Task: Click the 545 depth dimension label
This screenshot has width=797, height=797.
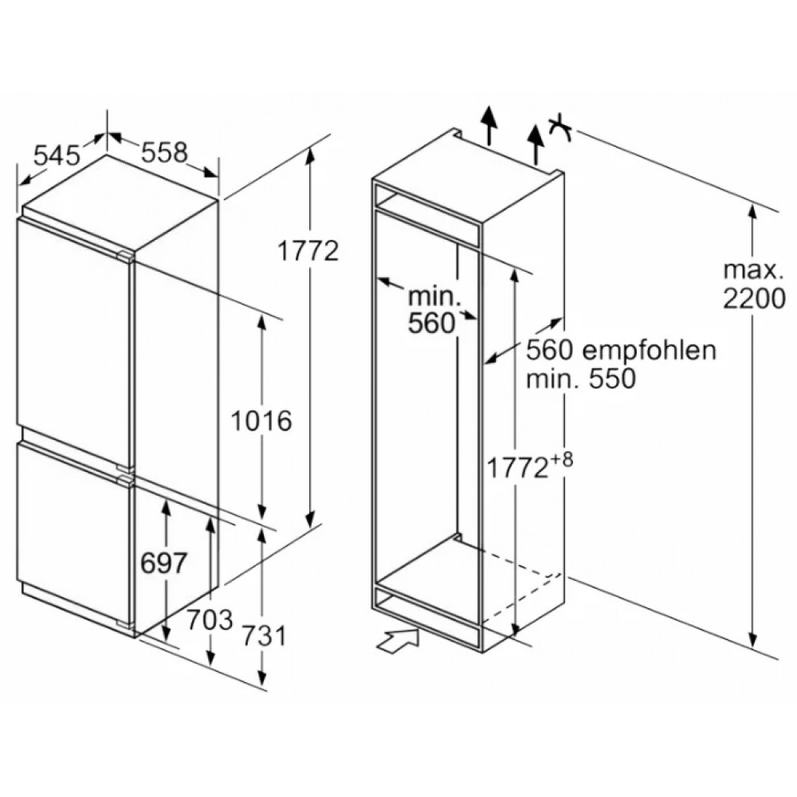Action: [x=57, y=155]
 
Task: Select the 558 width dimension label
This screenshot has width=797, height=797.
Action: [x=164, y=151]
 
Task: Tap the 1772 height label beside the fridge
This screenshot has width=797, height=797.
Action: [x=308, y=250]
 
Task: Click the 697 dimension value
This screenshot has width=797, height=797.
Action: [x=163, y=563]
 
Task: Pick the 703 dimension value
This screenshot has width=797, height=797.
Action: [x=210, y=619]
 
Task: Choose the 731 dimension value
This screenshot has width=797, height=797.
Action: [x=264, y=636]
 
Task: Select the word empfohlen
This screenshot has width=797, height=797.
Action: [x=649, y=350]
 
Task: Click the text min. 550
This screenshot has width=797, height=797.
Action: [x=580, y=378]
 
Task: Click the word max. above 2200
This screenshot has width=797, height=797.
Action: [x=753, y=270]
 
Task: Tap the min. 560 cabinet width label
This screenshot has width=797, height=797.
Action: [x=434, y=309]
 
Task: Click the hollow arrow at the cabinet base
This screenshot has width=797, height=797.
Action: [x=398, y=639]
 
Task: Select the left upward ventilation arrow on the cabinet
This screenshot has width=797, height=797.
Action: [x=489, y=125]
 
